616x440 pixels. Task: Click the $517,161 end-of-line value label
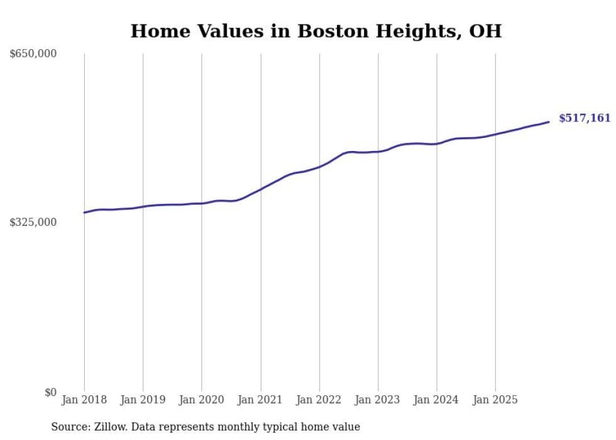[585, 118]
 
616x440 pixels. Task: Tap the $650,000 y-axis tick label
[33, 54]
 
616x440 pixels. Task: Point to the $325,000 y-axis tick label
[33, 222]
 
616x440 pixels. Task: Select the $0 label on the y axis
[50, 392]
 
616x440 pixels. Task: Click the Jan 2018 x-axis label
[84, 400]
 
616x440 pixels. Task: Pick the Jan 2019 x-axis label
[143, 400]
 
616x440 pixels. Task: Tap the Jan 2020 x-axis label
[202, 400]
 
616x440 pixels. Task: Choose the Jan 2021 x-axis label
[260, 400]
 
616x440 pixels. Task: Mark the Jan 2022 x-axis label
[319, 400]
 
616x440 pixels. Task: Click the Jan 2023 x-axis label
[378, 400]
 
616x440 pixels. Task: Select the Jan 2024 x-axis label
[437, 400]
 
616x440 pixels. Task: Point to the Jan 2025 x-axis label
[495, 400]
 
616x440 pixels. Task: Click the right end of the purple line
[549, 121]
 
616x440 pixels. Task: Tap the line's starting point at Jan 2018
[84, 213]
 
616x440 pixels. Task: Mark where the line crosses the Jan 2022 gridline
[319, 167]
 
